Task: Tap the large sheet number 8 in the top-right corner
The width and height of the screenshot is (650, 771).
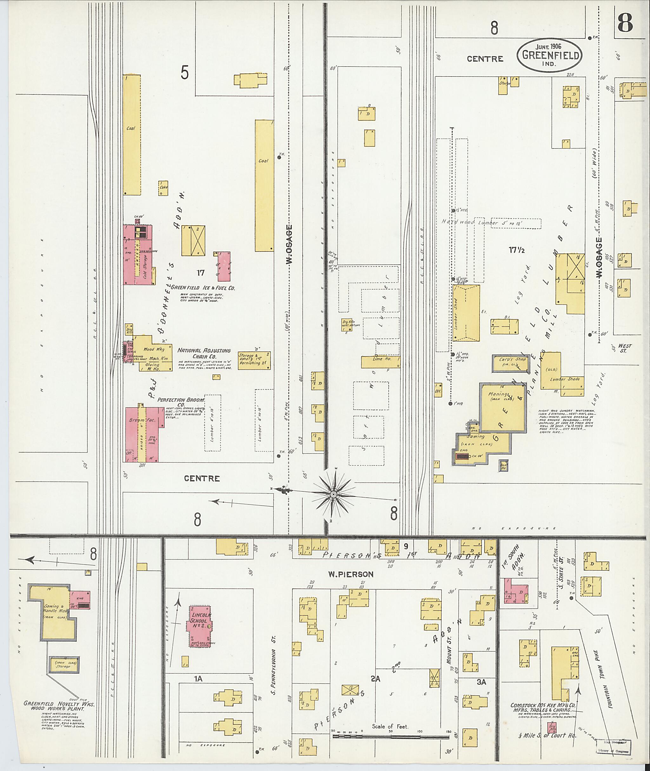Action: pos(625,23)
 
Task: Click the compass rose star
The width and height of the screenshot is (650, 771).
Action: pos(334,494)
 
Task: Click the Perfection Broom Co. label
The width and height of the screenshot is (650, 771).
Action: pos(181,402)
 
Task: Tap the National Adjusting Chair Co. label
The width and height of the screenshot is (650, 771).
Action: pos(204,353)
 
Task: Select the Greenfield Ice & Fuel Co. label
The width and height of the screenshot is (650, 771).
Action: pos(203,288)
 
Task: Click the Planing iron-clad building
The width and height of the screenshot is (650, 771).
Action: pos(503,407)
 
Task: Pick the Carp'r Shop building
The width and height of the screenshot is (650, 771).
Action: pos(511,363)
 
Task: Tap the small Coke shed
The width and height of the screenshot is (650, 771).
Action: pos(163,188)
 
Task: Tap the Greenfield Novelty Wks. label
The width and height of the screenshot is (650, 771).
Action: pos(59,704)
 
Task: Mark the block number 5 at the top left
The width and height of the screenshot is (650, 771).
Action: pos(185,73)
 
